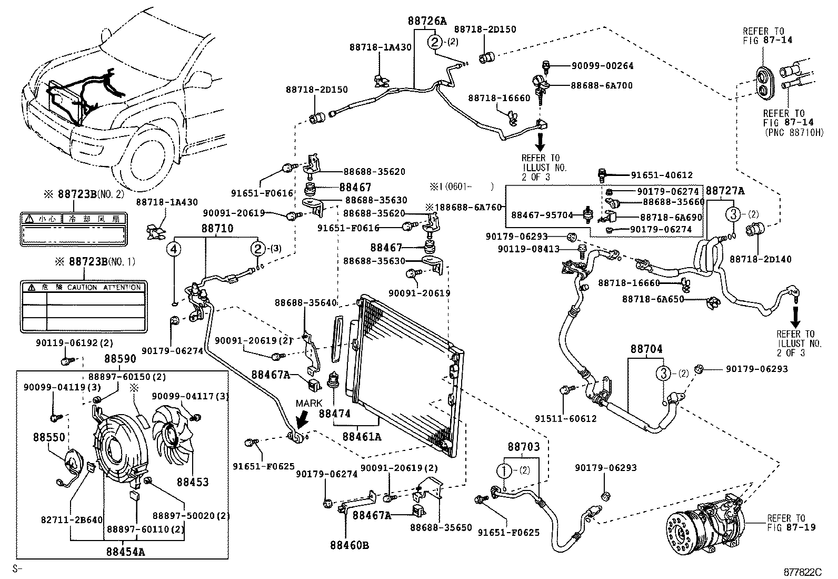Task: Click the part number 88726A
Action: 426,21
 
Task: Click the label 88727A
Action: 725,191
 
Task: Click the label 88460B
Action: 350,545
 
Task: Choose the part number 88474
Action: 334,414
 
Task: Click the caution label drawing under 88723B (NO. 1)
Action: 84,307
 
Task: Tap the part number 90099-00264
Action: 602,66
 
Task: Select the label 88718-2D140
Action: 760,259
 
